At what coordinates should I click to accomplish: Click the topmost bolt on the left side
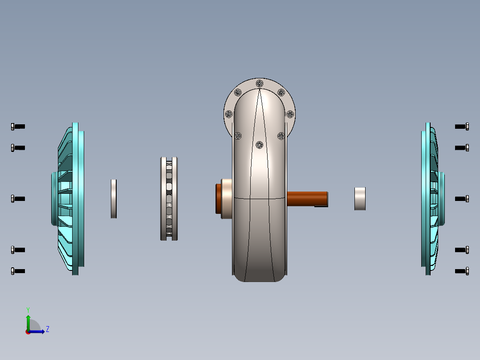pos(18,127)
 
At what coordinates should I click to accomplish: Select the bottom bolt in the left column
pos(18,271)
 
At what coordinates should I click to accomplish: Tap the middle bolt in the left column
pos(18,198)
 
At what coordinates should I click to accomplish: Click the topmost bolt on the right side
pos(462,127)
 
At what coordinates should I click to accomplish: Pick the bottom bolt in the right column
pos(462,271)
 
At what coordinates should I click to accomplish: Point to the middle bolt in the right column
pos(462,199)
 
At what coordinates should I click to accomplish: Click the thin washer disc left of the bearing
pos(114,199)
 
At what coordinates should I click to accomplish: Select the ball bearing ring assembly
pos(169,199)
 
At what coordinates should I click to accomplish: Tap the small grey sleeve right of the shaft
pos(360,199)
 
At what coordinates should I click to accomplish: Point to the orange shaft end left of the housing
pos(219,199)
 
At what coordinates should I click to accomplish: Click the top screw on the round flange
pos(260,83)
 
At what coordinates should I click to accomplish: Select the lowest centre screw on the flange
pos(260,144)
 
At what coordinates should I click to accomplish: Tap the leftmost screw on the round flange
pos(229,114)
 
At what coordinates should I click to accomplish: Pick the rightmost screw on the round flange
pos(290,114)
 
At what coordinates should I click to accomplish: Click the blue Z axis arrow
pos(39,331)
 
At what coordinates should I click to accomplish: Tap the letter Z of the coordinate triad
pos(47,329)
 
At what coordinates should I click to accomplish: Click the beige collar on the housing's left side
pos(227,199)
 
